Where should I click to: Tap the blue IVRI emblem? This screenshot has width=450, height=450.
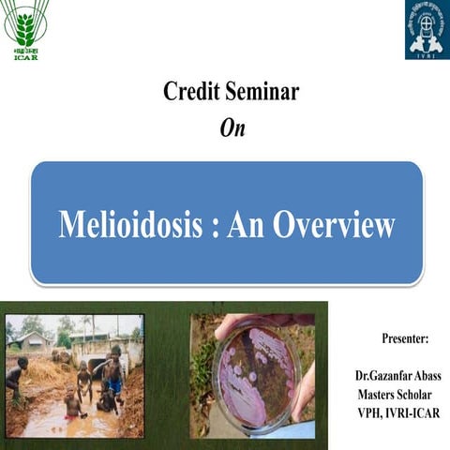pyautogui.click(x=427, y=30)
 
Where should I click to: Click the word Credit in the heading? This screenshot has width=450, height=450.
pyautogui.click(x=192, y=92)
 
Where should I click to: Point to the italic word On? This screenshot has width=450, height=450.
pyautogui.click(x=232, y=129)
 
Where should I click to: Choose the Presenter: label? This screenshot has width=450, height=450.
pyautogui.click(x=405, y=337)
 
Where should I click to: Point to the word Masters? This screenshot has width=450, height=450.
pyautogui.click(x=380, y=395)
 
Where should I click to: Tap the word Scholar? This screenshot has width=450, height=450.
pyautogui.click(x=423, y=395)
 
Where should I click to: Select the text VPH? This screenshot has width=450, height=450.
pyautogui.click(x=370, y=413)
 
